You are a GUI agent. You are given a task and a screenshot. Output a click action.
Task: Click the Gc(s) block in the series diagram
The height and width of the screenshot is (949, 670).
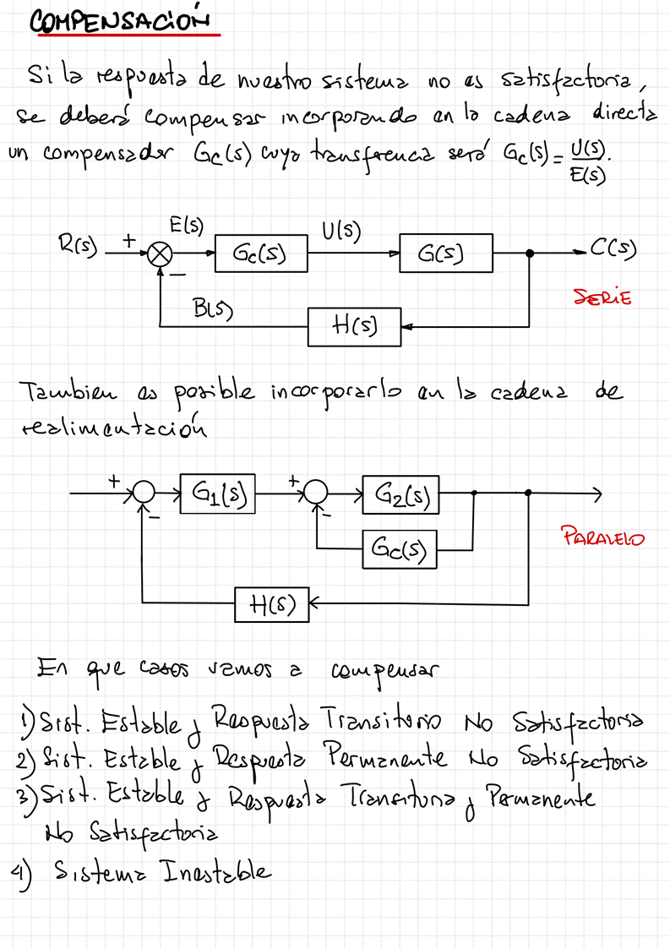(x=260, y=254)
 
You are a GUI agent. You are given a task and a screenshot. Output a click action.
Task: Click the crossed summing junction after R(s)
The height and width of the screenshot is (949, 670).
(x=159, y=254)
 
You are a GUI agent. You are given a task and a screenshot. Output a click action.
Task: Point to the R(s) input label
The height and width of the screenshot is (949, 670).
(x=78, y=247)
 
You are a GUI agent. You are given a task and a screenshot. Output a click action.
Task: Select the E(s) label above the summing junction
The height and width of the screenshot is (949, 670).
(x=186, y=226)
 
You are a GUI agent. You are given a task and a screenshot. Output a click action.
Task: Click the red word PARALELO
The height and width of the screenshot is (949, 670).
(x=602, y=537)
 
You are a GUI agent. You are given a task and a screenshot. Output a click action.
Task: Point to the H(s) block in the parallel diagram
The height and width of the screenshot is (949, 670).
(x=272, y=603)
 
